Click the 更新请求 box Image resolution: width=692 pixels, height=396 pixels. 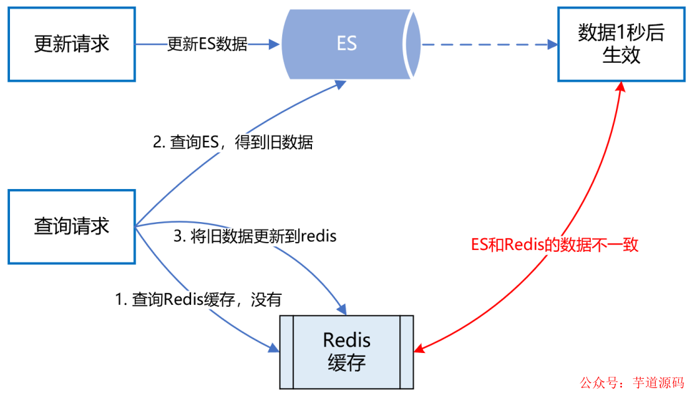[x=71, y=44]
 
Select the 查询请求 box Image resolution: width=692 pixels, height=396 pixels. [x=71, y=227]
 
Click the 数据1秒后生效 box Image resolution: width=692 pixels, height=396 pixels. [x=621, y=44]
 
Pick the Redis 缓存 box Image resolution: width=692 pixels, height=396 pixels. [x=346, y=352]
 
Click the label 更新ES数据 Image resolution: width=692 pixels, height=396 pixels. [x=207, y=44]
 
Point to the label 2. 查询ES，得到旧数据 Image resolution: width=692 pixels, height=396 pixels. [x=233, y=142]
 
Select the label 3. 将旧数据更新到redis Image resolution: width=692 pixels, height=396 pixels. [x=255, y=237]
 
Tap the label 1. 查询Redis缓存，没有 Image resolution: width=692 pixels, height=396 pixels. [x=199, y=299]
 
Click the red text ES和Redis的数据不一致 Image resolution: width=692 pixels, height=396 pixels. [x=555, y=245]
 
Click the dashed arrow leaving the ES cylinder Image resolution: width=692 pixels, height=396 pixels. [x=486, y=44]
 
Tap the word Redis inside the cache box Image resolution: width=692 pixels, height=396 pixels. [x=346, y=340]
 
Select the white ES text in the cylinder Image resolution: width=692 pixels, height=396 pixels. [x=346, y=44]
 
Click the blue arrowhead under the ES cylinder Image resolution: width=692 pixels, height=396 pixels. [x=340, y=84]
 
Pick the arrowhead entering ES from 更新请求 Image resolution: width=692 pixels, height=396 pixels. [x=275, y=44]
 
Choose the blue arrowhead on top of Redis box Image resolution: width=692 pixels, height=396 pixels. [x=341, y=309]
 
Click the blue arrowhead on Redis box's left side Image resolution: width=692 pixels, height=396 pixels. [x=274, y=348]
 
